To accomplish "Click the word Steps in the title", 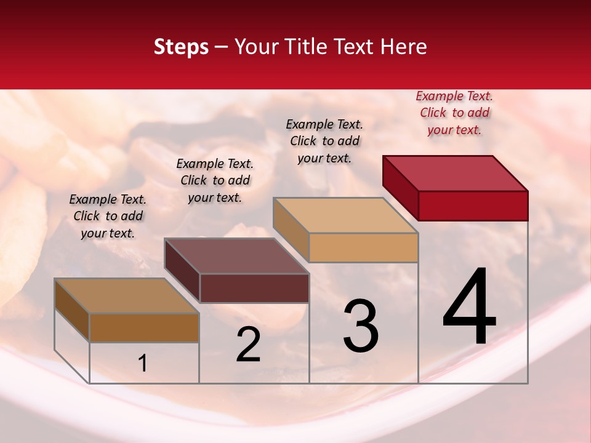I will tap(181, 47).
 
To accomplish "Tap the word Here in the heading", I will tap(403, 47).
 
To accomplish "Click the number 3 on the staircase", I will tap(361, 326).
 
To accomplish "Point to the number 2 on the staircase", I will tap(249, 345).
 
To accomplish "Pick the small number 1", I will tap(143, 364).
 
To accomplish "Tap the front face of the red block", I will tap(473, 206).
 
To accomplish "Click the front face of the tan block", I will tap(363, 247).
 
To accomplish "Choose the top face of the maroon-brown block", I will tap(236, 256).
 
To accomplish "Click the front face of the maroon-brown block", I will tap(254, 288).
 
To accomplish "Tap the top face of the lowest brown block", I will tap(127, 296).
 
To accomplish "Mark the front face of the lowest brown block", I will tap(144, 327).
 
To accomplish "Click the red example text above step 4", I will tap(454, 113).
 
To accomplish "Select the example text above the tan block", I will tap(325, 141).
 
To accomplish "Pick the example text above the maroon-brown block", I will tap(215, 180).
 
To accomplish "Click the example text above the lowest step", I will tap(108, 216).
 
